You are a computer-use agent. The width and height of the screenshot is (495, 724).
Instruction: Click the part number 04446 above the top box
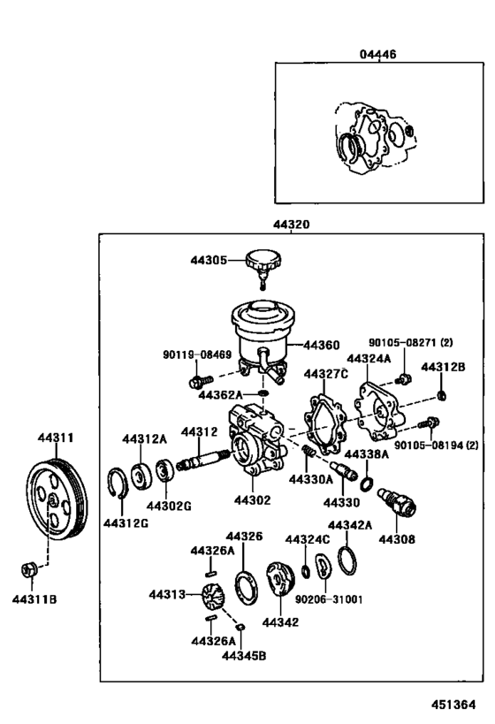[377, 54]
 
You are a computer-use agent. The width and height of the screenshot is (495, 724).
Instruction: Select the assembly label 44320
[292, 226]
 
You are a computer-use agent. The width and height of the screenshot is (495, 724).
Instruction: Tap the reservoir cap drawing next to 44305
[263, 263]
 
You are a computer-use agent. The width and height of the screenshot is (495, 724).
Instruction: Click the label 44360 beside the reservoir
[321, 344]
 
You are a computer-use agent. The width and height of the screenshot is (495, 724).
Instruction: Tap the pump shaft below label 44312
[202, 460]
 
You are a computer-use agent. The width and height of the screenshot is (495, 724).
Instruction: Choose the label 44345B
[243, 655]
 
